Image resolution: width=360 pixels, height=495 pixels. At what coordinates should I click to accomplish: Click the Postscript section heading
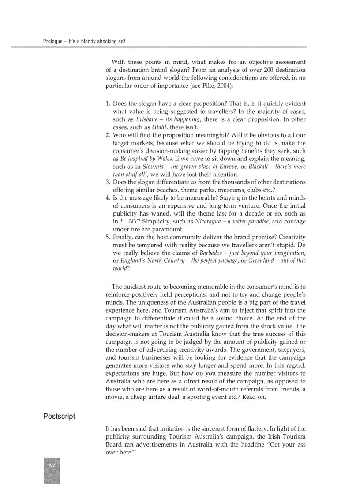click(59, 416)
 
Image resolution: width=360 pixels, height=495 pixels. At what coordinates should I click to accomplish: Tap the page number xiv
click(51, 465)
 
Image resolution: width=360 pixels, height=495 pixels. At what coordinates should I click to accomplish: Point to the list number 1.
click(108, 104)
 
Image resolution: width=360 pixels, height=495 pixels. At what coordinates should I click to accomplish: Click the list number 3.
click(108, 182)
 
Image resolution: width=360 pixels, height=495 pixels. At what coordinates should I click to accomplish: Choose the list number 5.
click(108, 237)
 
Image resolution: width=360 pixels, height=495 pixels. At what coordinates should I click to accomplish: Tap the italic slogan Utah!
click(160, 127)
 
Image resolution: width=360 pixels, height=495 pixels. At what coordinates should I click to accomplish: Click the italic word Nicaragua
click(209, 221)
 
